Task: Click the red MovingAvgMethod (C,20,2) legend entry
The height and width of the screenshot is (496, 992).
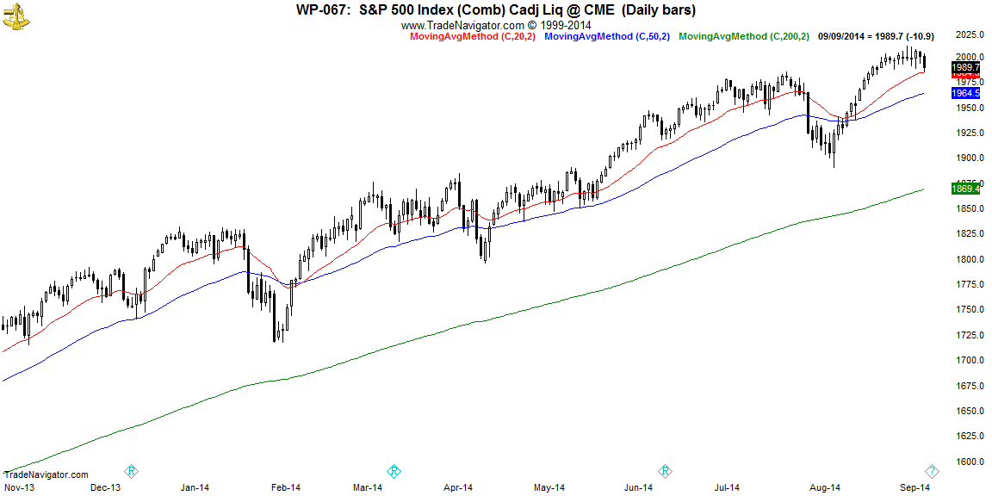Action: [466, 36]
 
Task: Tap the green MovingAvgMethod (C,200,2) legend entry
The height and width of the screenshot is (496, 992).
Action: [744, 36]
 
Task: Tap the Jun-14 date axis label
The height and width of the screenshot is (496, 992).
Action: [638, 488]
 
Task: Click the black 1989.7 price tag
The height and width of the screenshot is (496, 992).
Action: [966, 67]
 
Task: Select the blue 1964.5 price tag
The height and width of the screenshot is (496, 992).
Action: [966, 93]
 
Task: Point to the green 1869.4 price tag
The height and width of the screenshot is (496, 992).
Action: [966, 188]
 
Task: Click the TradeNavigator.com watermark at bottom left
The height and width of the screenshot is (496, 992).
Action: [46, 474]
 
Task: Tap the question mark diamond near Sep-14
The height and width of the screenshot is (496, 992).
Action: [932, 471]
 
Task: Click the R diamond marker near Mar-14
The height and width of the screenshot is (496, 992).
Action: [394, 471]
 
